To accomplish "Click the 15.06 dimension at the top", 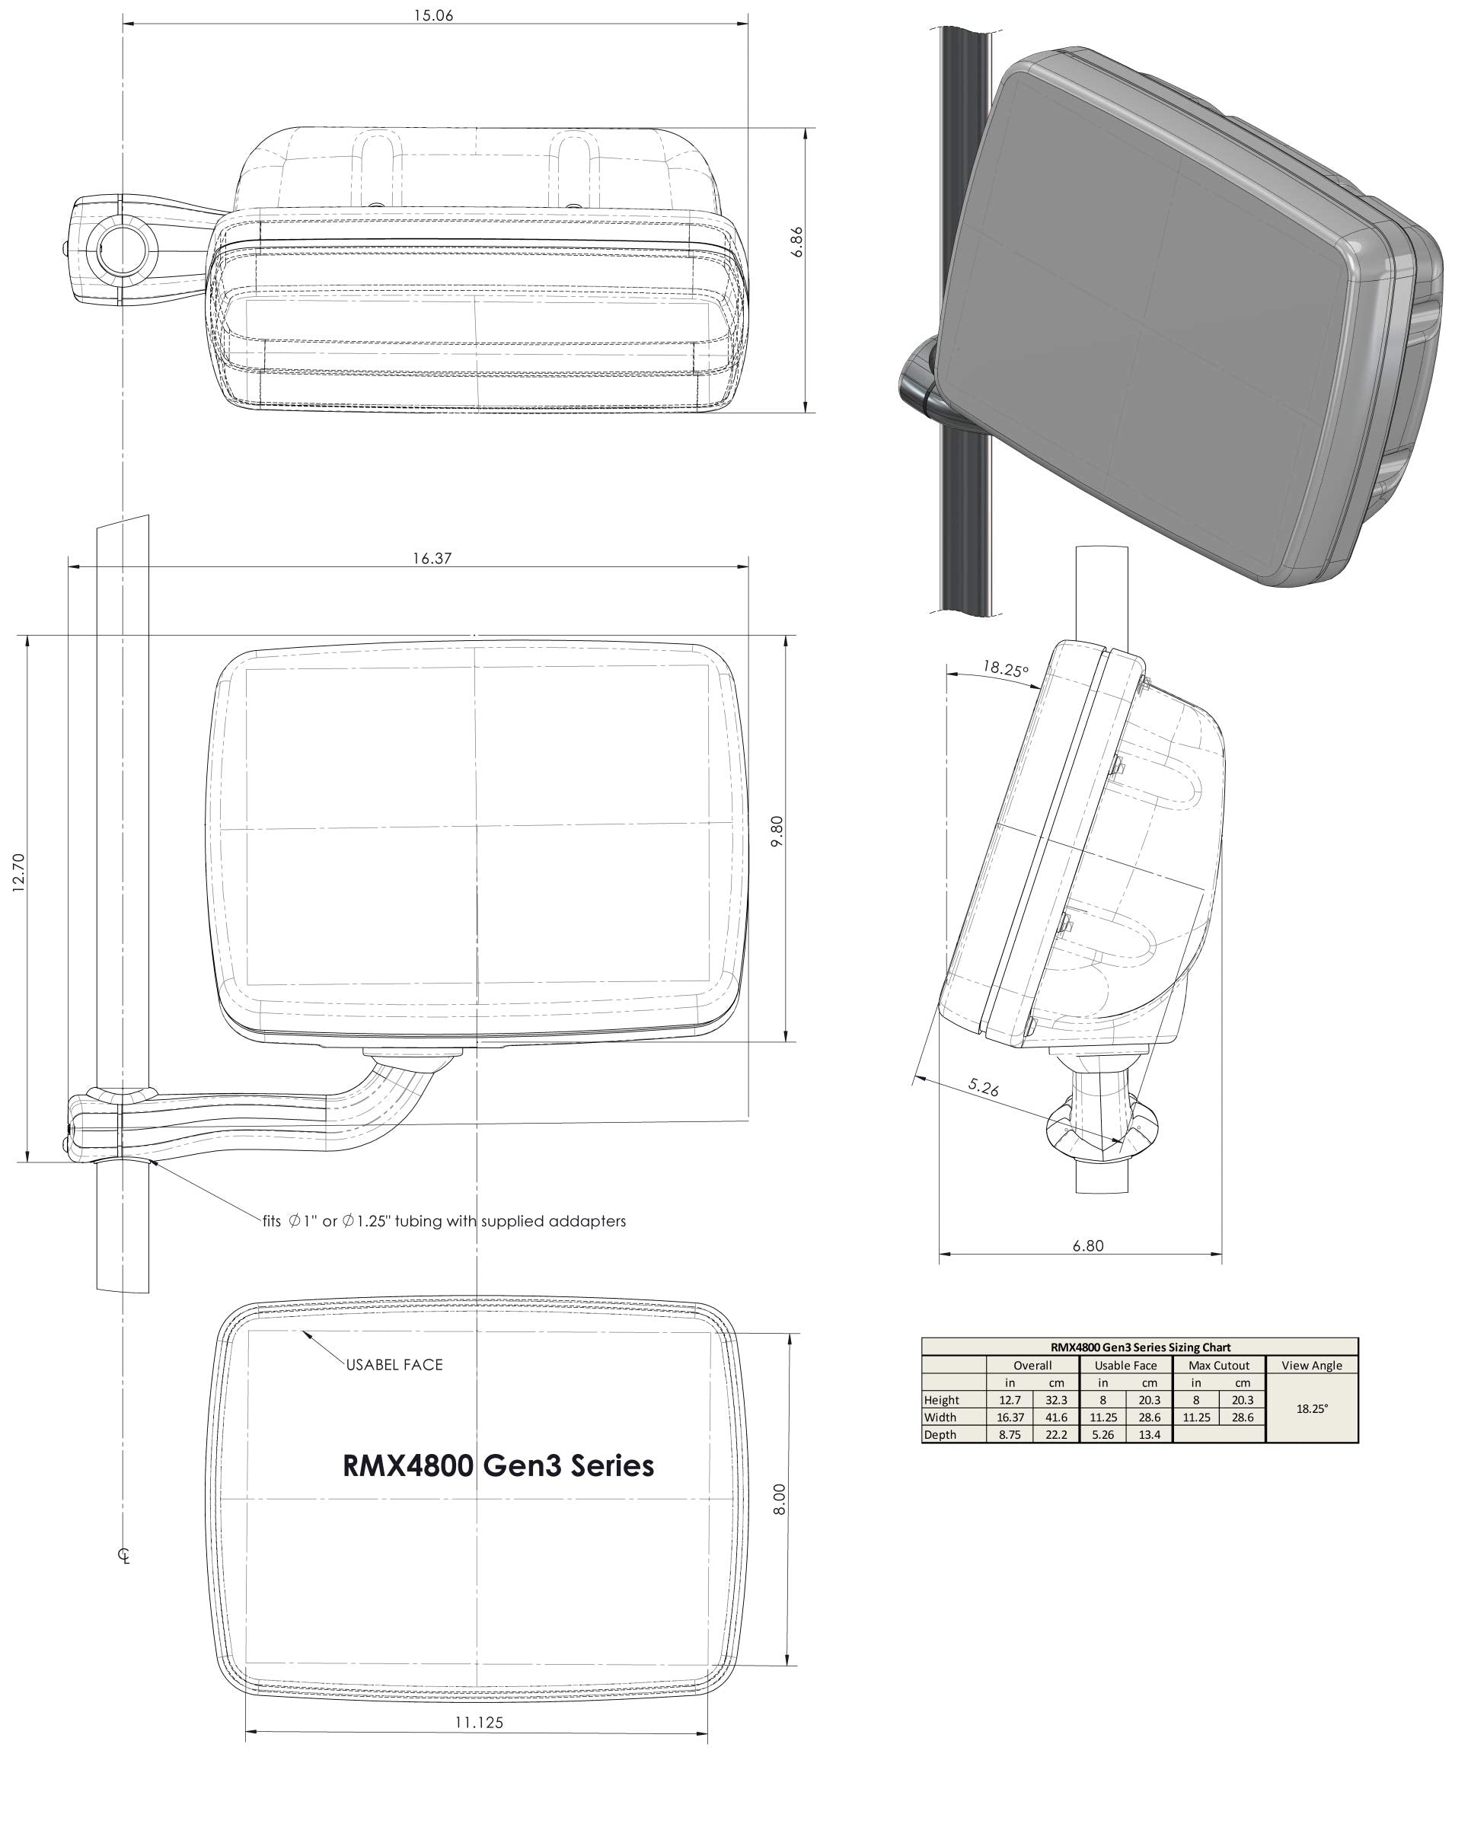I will (433, 15).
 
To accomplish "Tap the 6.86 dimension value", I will (796, 242).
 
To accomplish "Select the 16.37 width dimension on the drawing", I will (432, 559).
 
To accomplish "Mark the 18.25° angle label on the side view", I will (1006, 668).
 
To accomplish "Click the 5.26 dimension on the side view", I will (984, 1087).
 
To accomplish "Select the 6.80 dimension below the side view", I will (1088, 1245).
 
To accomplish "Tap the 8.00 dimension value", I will (780, 1499).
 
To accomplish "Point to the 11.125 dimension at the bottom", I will (479, 1722).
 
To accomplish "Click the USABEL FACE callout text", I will (394, 1364).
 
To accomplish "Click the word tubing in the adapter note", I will (419, 1221).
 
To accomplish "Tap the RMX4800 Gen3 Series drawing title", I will (498, 1465).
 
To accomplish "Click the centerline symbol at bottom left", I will (125, 1555).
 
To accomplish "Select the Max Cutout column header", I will (1218, 1365).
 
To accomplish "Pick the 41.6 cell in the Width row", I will (1056, 1417).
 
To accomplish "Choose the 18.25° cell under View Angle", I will (1312, 1408).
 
